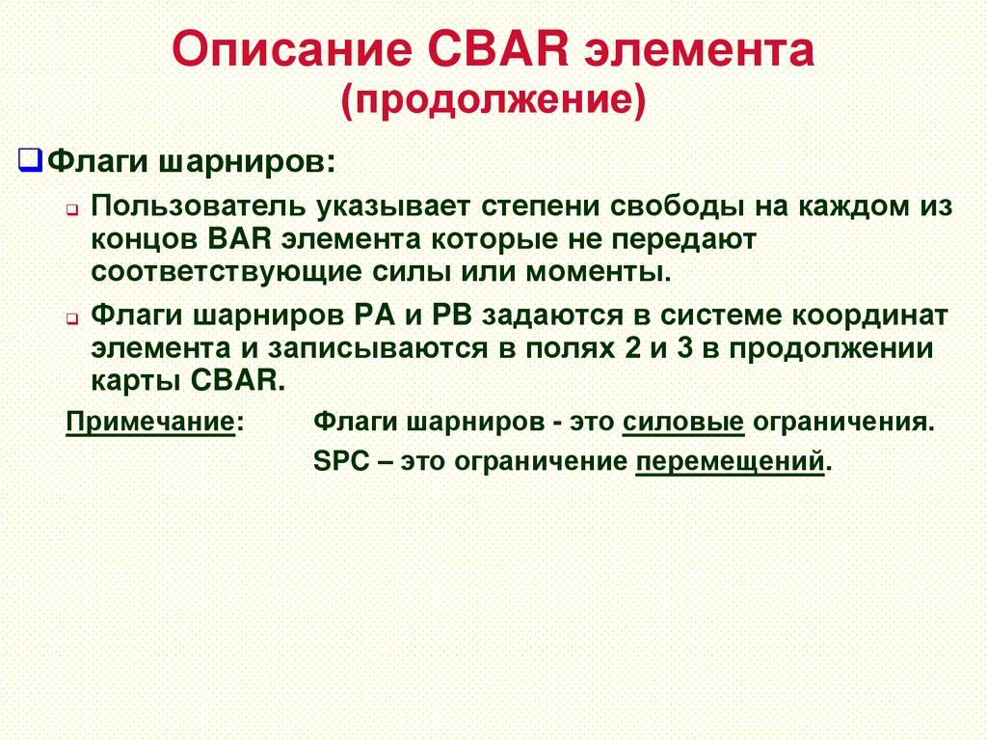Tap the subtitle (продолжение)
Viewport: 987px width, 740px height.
(x=493, y=99)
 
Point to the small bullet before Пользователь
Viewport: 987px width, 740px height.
(x=74, y=209)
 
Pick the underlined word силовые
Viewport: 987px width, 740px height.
(x=683, y=423)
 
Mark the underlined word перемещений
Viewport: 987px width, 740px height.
(x=731, y=461)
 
